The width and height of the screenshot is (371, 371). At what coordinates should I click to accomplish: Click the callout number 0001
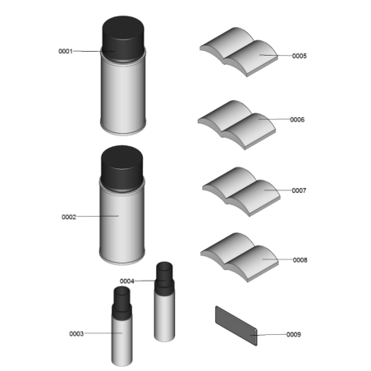click(66, 51)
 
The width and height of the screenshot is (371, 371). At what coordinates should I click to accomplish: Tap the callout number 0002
click(69, 217)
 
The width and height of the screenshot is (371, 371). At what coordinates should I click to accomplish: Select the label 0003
click(76, 334)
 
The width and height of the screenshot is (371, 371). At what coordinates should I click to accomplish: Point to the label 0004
click(127, 282)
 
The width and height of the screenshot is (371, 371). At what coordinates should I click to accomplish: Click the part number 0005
click(300, 56)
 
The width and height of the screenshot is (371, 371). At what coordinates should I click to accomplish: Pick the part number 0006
click(297, 120)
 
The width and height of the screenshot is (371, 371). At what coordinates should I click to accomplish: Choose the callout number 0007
click(299, 190)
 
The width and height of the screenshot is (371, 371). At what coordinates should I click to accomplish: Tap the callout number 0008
click(300, 260)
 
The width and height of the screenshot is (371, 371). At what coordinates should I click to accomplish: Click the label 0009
click(294, 334)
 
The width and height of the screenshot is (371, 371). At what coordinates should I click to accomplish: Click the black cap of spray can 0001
click(123, 39)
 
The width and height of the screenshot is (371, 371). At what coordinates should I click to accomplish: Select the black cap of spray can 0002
click(122, 167)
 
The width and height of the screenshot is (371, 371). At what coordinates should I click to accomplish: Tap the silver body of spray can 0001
click(123, 96)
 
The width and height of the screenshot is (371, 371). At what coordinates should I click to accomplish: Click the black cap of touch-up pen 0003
click(121, 302)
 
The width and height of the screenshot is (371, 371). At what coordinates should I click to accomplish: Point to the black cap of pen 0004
click(164, 277)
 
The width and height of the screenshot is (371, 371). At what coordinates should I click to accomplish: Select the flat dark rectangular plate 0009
click(236, 326)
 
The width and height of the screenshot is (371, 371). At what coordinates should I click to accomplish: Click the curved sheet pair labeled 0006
click(236, 125)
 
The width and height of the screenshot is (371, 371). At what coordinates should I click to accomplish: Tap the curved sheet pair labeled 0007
click(241, 191)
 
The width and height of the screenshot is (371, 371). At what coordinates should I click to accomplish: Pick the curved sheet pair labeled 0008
click(240, 258)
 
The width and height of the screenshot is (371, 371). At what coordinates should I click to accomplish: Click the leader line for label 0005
click(276, 55)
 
